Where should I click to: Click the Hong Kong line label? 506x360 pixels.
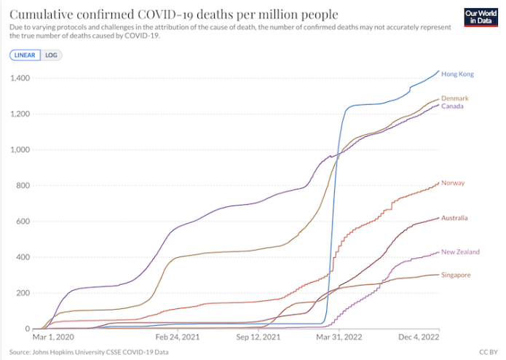tap(458, 74)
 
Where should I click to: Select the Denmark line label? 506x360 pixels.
tap(454, 98)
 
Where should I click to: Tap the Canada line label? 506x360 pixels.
tap(452, 106)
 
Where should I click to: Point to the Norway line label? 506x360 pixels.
tap(453, 183)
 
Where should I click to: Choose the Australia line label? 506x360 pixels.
tap(455, 218)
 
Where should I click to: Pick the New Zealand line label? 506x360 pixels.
tap(460, 251)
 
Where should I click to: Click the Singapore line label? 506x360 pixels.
tap(456, 275)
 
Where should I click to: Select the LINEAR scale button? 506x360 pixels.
tap(25, 55)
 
